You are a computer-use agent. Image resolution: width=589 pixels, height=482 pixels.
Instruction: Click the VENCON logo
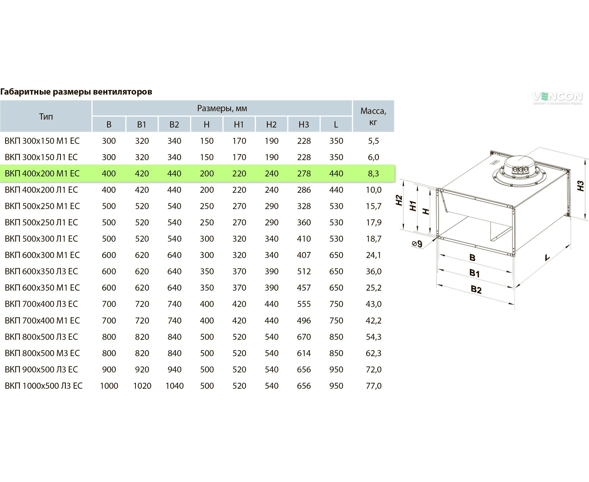pyautogui.click(x=557, y=98)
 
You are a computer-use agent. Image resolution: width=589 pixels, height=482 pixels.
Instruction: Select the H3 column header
pyautogui.click(x=304, y=125)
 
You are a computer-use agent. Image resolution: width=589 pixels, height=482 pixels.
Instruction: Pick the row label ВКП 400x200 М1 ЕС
pyautogui.click(x=42, y=173)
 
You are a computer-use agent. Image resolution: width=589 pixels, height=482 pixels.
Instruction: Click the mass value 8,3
pyautogui.click(x=373, y=173)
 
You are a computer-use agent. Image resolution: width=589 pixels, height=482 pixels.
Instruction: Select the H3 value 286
pyautogui.click(x=304, y=190)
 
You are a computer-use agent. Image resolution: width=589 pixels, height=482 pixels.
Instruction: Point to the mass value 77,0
pyautogui.click(x=374, y=386)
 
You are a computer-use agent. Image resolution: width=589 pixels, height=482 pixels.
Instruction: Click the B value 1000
pyautogui.click(x=109, y=386)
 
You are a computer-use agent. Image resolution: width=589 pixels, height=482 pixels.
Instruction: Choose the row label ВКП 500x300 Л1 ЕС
pyautogui.click(x=41, y=239)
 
